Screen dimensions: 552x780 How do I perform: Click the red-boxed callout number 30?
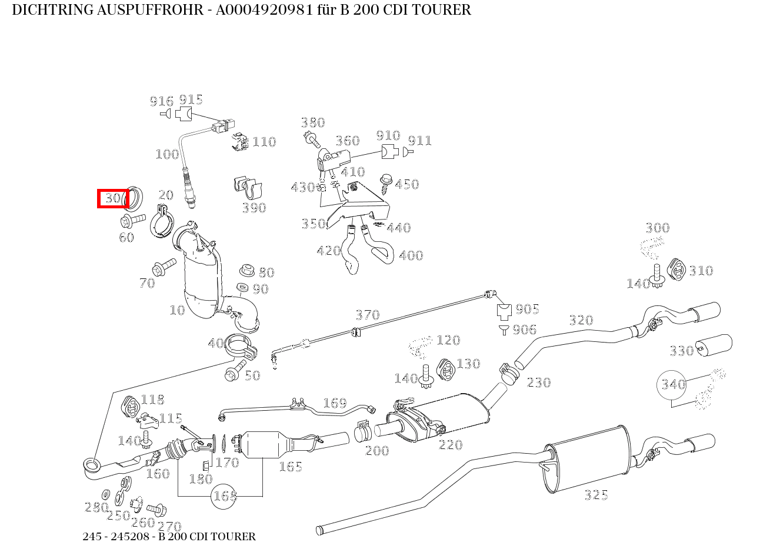tap(112, 198)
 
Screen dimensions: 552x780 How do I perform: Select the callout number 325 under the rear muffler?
tap(596, 495)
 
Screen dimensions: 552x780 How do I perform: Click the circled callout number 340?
tap(673, 384)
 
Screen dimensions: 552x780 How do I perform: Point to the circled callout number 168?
tap(225, 496)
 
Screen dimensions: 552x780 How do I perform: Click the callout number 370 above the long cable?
tap(368, 315)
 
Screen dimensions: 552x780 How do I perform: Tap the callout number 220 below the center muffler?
tap(451, 445)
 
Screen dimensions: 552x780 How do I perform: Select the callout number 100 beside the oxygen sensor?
tap(167, 154)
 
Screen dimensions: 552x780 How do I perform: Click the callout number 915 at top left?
tap(191, 99)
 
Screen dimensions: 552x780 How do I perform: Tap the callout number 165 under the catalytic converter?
tap(291, 467)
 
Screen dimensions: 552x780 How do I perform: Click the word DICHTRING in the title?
tap(52, 10)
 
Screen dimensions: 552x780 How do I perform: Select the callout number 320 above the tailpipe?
tap(581, 320)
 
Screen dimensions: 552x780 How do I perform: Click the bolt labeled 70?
tap(163, 268)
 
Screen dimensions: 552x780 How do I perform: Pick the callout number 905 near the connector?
tap(527, 309)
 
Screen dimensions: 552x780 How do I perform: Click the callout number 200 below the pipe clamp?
tap(377, 451)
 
